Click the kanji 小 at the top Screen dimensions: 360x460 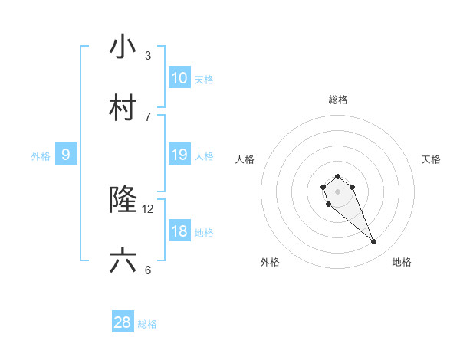tap(123, 47)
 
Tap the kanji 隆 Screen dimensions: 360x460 tap(123, 200)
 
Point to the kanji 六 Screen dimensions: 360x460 tap(123, 261)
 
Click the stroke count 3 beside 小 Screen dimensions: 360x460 tap(148, 56)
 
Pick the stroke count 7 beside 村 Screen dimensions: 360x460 tap(148, 116)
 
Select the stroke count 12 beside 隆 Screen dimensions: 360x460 tap(148, 208)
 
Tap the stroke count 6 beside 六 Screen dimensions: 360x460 tap(148, 270)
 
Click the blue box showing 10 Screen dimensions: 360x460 tap(179, 78)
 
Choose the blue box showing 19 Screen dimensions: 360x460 tap(179, 155)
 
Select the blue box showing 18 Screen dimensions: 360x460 tap(179, 231)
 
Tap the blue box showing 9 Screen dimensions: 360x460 tap(66, 155)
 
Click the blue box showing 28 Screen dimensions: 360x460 tap(123, 322)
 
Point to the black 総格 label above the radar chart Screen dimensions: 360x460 tap(338, 100)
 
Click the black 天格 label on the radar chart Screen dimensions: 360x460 tap(431, 159)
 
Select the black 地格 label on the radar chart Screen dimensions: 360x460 tap(402, 262)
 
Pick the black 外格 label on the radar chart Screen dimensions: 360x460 tap(270, 262)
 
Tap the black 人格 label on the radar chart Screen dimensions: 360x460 tap(245, 159)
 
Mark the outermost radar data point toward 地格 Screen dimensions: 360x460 tap(374, 242)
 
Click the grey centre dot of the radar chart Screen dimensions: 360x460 tap(337, 191)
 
